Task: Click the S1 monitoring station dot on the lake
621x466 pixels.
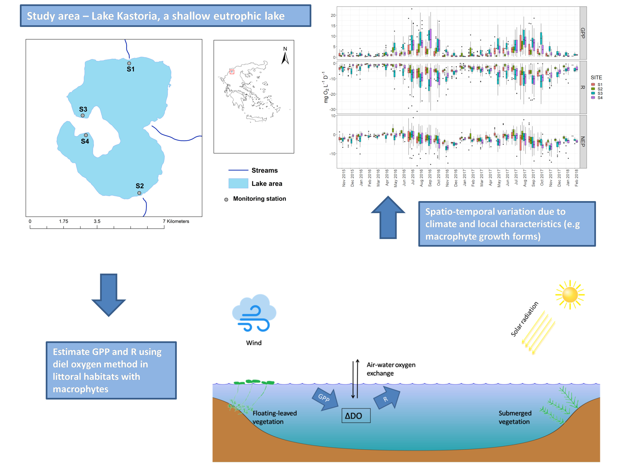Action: (129, 64)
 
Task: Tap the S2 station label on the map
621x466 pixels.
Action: (140, 186)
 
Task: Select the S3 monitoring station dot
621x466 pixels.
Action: (83, 115)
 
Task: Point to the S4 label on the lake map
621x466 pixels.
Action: (85, 141)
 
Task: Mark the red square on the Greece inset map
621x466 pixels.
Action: (232, 72)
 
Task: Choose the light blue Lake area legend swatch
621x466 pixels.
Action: (238, 184)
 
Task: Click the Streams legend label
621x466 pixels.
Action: (265, 170)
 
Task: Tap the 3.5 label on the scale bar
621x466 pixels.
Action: (97, 221)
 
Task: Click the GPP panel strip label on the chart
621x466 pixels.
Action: (583, 33)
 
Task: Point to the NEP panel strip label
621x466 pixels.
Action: (583, 142)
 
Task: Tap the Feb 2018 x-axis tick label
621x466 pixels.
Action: (576, 177)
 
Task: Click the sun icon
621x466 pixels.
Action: (570, 295)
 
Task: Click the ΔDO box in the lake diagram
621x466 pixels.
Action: (356, 415)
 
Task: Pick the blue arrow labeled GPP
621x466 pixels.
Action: (325, 399)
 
